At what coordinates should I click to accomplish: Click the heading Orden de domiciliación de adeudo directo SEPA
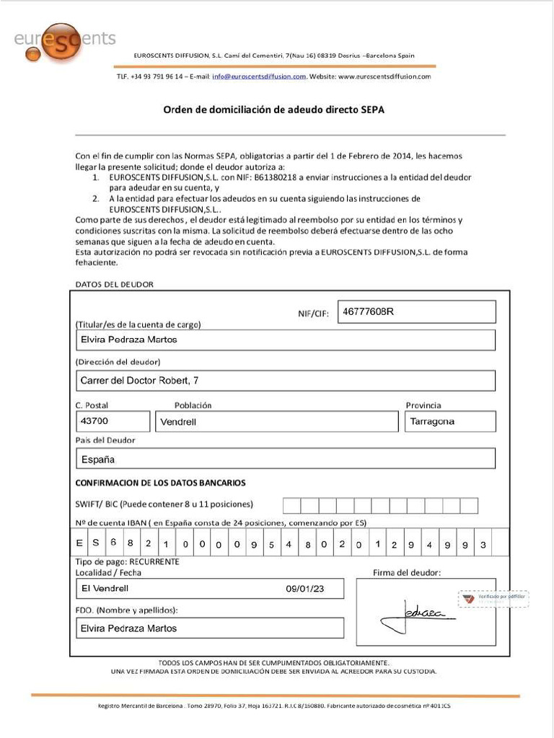tap(273, 110)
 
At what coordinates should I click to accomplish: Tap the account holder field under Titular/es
tap(286, 339)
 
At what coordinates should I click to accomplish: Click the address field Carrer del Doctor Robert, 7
tap(286, 381)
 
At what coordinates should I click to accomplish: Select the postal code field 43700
tap(113, 421)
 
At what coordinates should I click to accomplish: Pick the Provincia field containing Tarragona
tap(450, 422)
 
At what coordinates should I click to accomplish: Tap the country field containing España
tap(286, 458)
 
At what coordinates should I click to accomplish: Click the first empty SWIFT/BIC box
tap(291, 505)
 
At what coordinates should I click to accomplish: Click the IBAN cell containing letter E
tap(79, 543)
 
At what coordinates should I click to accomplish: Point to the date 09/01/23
tap(304, 589)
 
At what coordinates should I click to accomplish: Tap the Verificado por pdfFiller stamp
tap(493, 599)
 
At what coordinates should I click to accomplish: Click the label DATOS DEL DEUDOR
tap(114, 284)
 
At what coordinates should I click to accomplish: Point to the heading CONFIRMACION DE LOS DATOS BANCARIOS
tap(160, 482)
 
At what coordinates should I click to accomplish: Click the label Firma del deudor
tap(406, 573)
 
